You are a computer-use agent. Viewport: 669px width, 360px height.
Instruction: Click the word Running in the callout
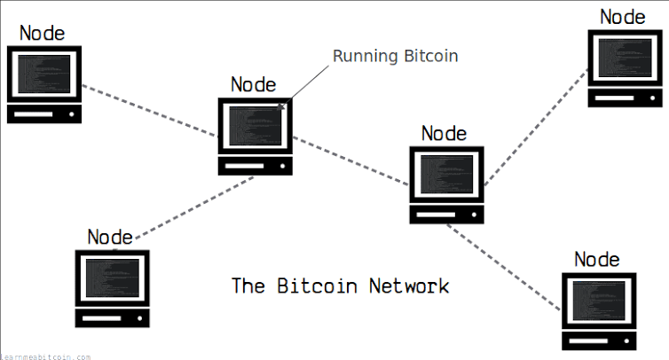coord(362,57)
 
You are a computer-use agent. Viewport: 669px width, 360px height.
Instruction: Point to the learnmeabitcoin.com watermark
coord(45,356)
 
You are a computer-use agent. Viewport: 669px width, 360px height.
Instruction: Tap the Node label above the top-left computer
coord(43,34)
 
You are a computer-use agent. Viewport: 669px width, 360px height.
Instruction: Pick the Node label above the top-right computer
coord(623,16)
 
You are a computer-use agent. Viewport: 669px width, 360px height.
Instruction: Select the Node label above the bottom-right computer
coord(597,259)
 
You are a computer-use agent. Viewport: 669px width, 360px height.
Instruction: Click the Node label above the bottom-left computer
coord(110,237)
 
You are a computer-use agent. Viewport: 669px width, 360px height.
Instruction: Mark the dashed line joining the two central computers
coord(351,160)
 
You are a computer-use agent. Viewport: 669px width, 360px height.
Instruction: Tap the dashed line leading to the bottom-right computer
coord(503,266)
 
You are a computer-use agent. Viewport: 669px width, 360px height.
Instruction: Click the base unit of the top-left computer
coord(44,113)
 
